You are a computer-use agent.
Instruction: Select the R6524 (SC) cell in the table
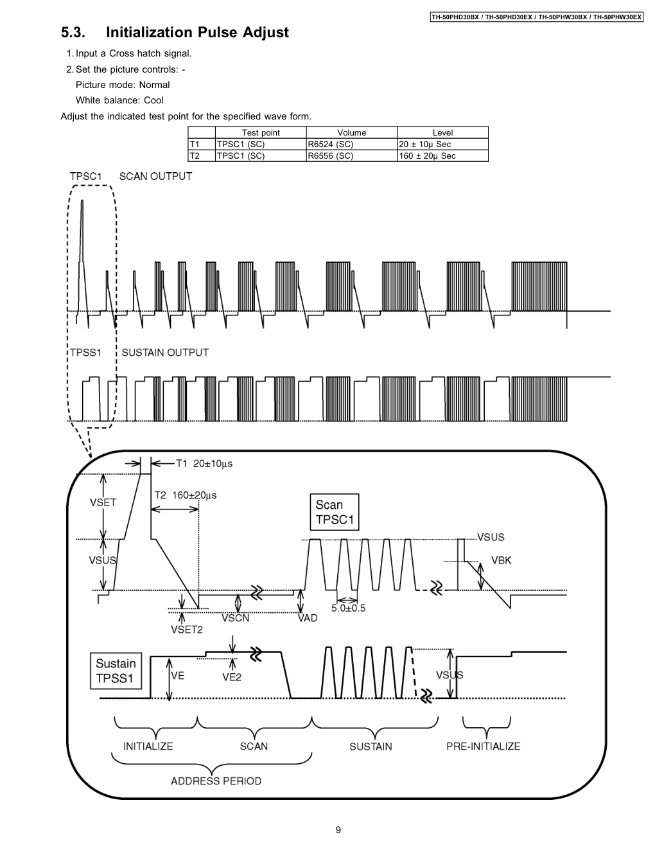coord(331,145)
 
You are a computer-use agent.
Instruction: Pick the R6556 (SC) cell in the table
coord(331,156)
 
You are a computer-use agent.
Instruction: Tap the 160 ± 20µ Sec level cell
coord(428,156)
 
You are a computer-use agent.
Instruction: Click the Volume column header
coord(351,133)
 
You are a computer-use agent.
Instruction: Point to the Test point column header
coord(261,133)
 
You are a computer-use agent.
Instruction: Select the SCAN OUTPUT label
coord(155,176)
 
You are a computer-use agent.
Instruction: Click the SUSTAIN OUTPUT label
coord(165,352)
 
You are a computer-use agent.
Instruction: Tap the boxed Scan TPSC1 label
coord(335,512)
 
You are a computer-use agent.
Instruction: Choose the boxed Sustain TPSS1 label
coord(116,671)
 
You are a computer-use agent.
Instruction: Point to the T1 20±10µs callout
coord(204,463)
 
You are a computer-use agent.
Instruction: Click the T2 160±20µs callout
coord(186,495)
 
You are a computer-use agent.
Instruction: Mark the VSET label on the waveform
coord(103,502)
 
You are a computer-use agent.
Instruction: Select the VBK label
coord(501,560)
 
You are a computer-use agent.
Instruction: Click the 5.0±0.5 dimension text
coord(348,608)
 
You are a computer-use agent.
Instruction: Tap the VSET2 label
coord(186,630)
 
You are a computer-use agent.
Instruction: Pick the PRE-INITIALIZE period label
coord(483,746)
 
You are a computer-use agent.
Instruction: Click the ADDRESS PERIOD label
coord(216,781)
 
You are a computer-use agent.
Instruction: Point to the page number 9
coord(338,830)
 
